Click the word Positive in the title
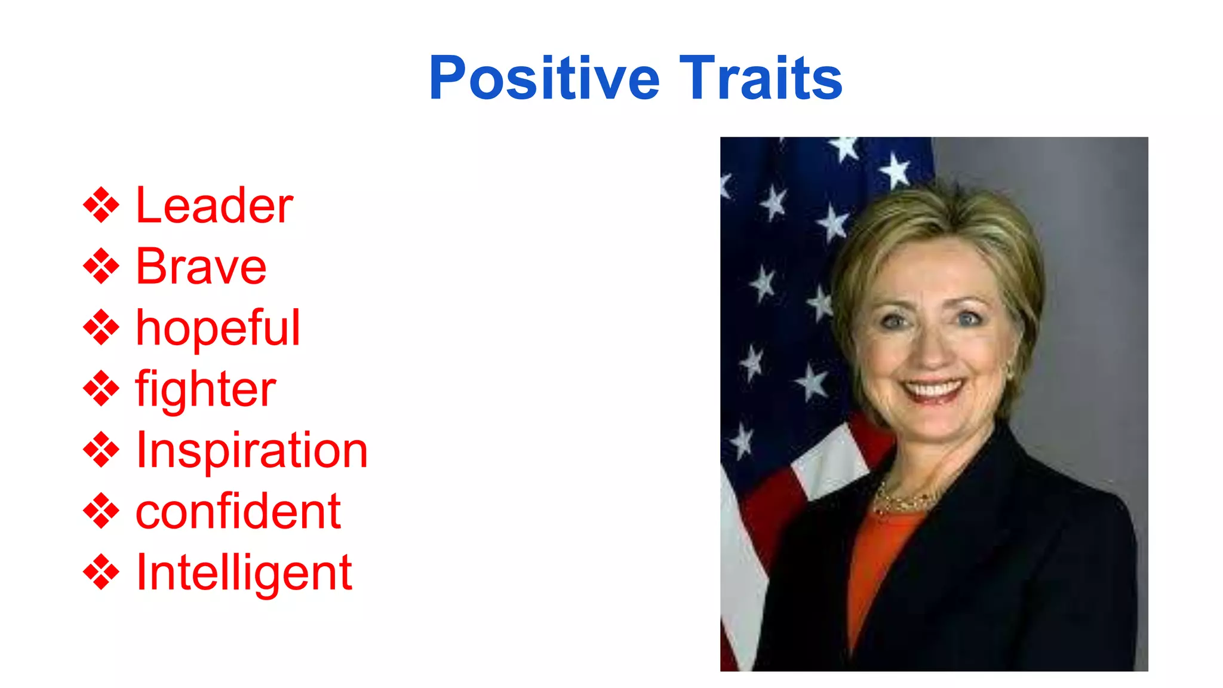(x=543, y=79)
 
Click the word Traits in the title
(x=761, y=79)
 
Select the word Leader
(x=214, y=206)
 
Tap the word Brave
(x=201, y=267)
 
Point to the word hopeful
(x=217, y=328)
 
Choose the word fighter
(x=205, y=389)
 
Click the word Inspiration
(x=251, y=451)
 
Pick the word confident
(x=238, y=512)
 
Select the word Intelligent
(x=244, y=573)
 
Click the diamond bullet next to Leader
(x=101, y=205)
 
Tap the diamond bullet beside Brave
(x=101, y=266)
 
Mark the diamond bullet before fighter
(x=101, y=389)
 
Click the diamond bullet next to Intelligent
(x=101, y=572)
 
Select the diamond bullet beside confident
(x=101, y=511)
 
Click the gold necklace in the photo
(x=902, y=502)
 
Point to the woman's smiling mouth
(x=932, y=391)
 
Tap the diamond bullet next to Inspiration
(x=101, y=450)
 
